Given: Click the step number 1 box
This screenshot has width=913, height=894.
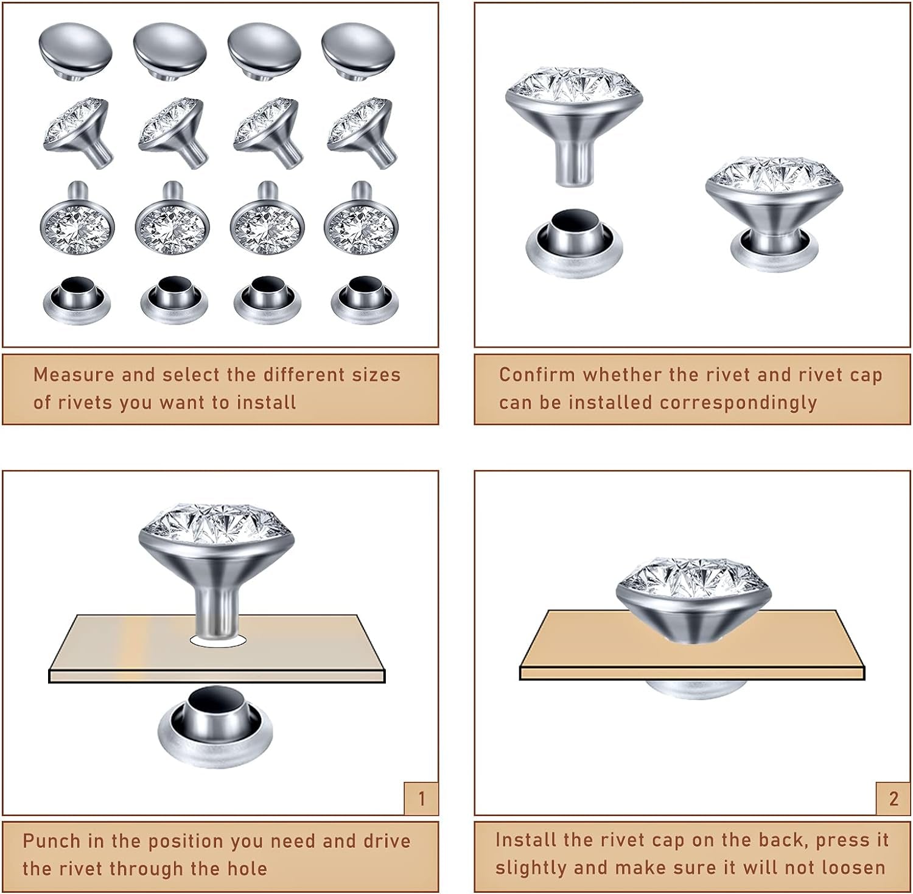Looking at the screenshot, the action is pyautogui.click(x=421, y=798).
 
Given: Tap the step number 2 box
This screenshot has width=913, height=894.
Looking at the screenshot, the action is pyautogui.click(x=893, y=798).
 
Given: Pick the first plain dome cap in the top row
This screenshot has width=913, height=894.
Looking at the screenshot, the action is pyautogui.click(x=75, y=50).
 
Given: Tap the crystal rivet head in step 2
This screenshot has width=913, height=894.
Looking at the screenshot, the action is pyautogui.click(x=694, y=600).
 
